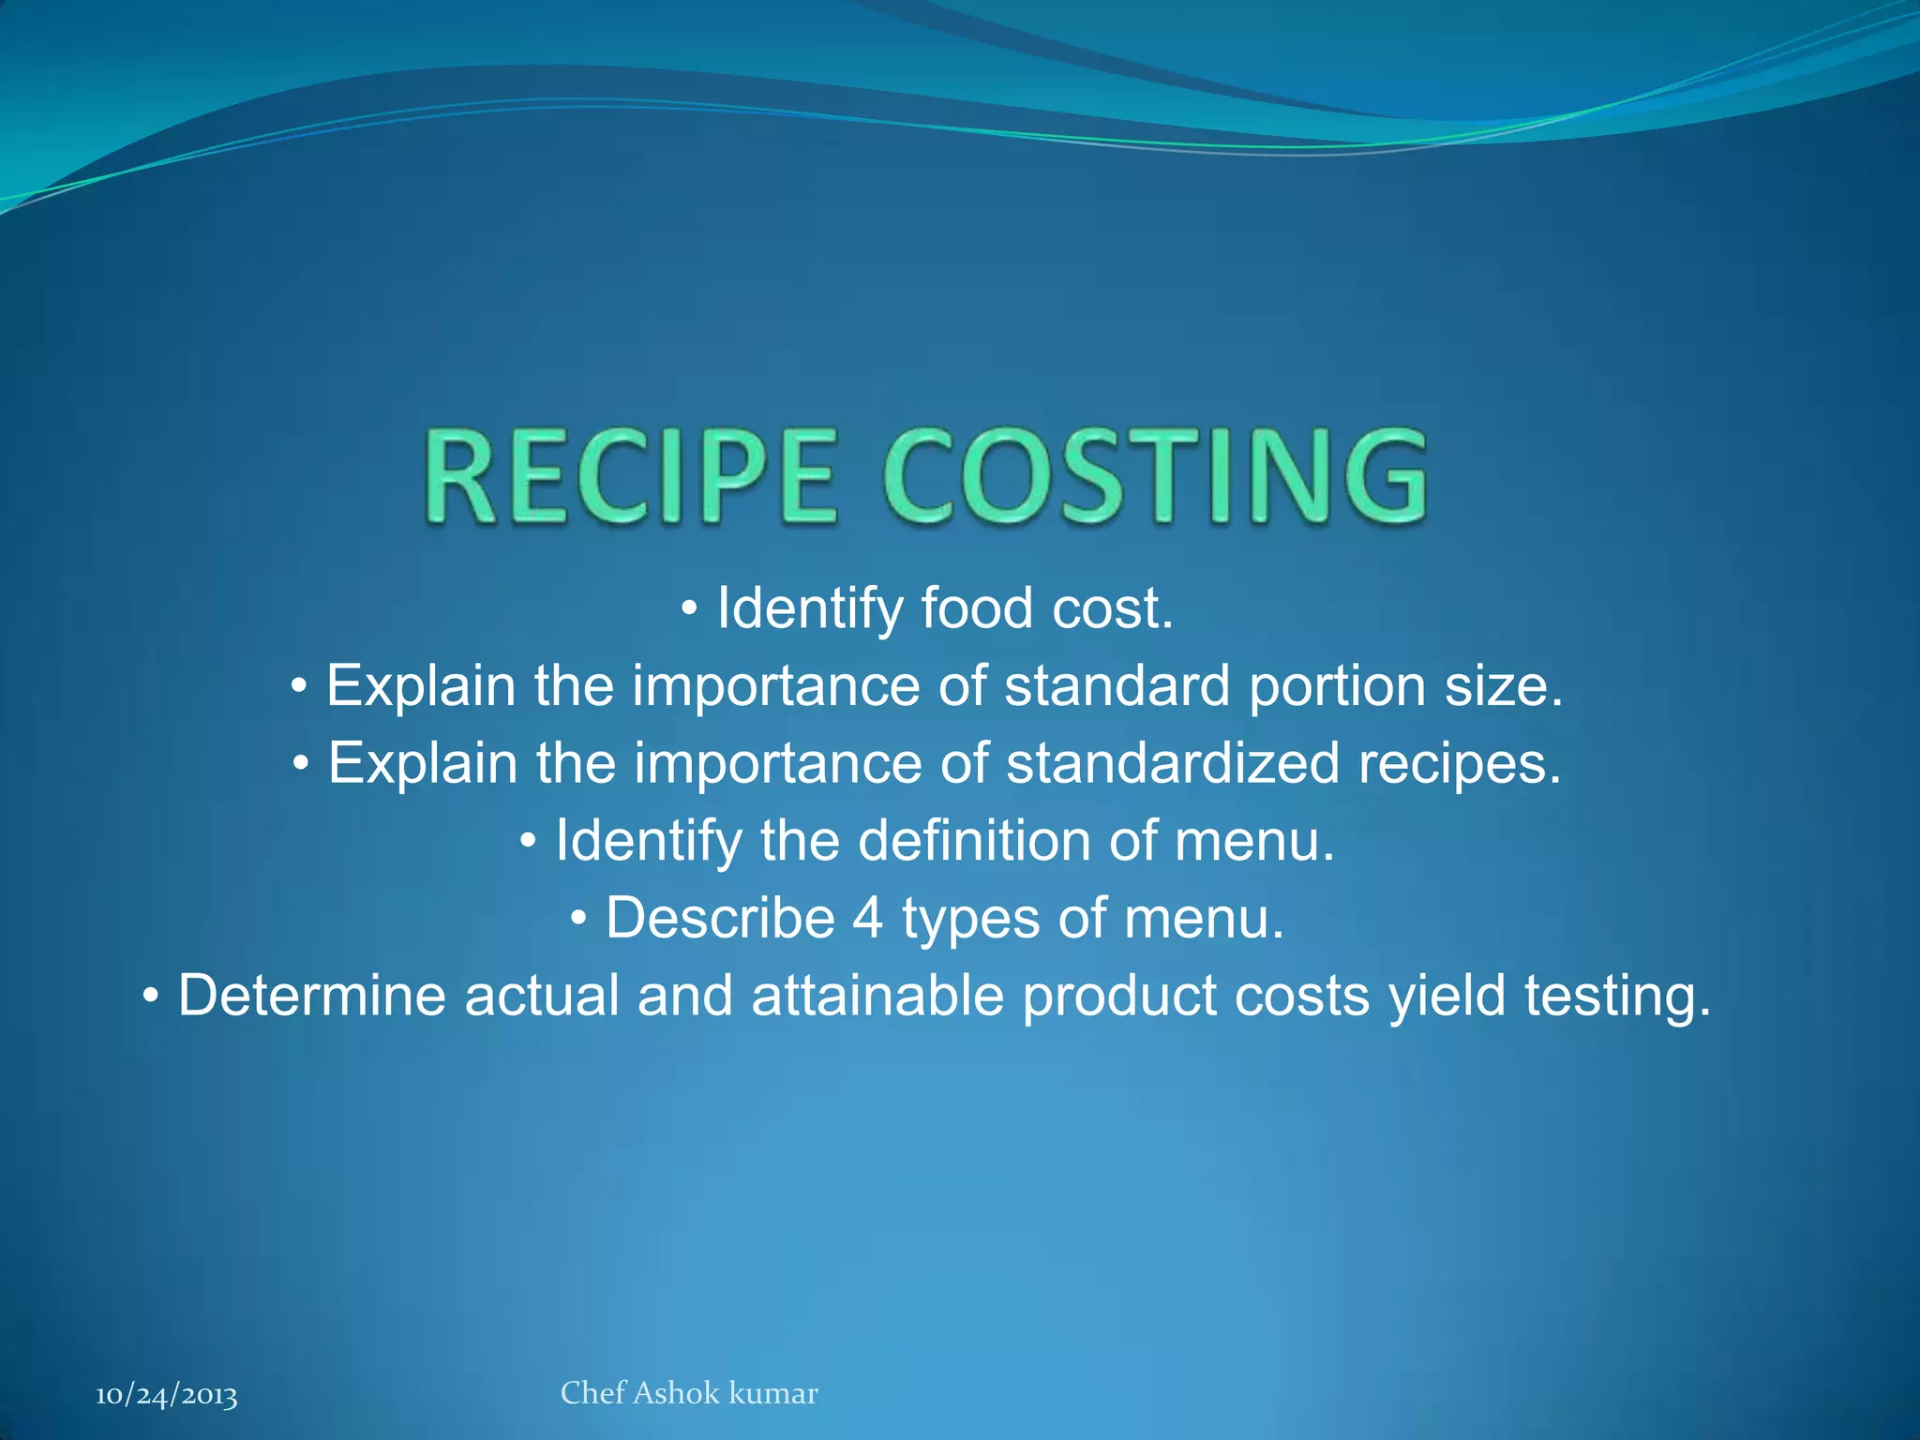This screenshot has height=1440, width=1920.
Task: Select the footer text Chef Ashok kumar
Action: (x=689, y=1393)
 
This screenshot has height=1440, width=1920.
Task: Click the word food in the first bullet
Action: (x=977, y=608)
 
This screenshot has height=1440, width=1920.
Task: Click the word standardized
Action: (x=1173, y=763)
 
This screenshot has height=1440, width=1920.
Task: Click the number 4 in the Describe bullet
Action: (x=868, y=918)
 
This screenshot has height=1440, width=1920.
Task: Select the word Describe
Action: (x=720, y=918)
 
